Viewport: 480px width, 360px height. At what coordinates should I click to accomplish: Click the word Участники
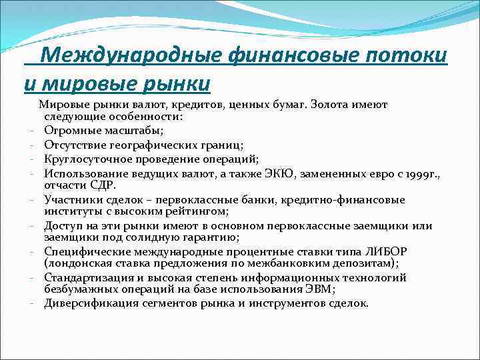click(x=73, y=199)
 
